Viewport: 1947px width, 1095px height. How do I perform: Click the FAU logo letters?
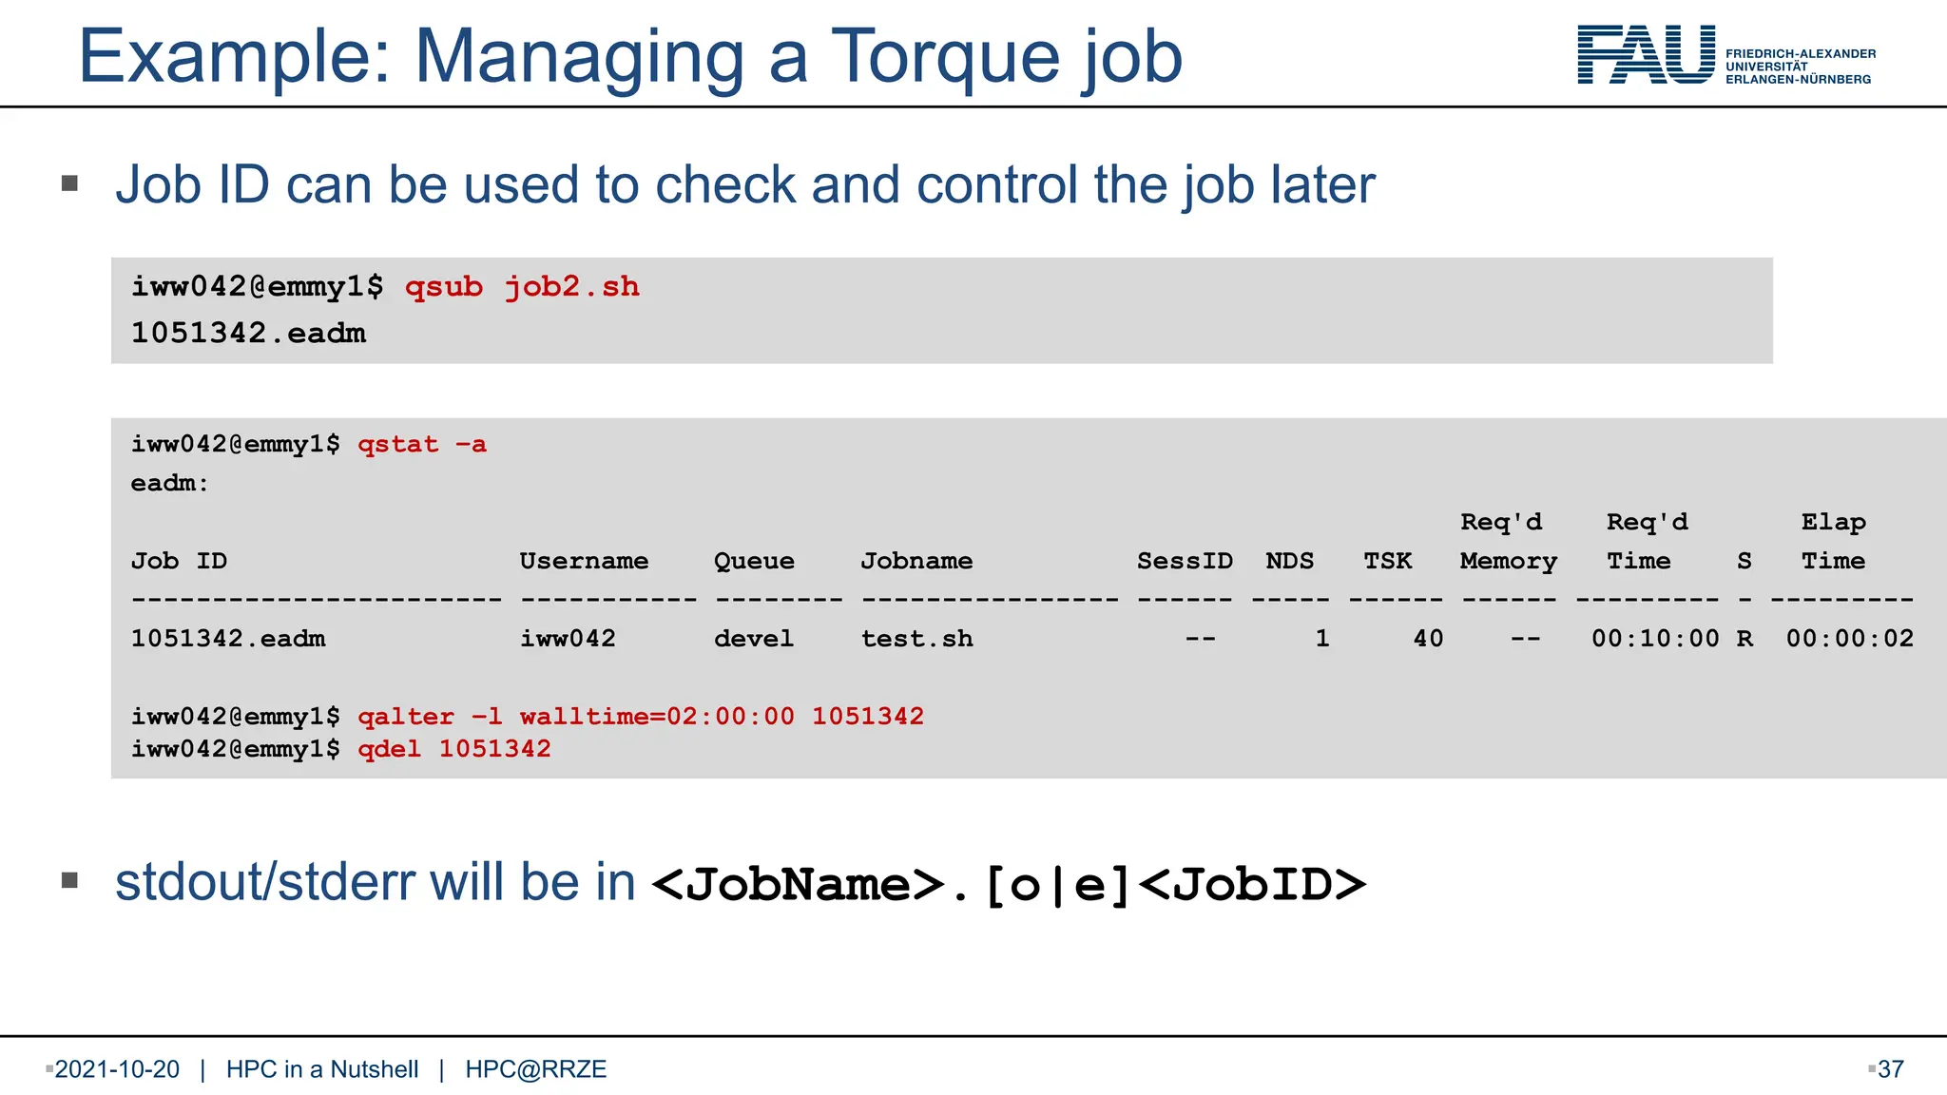coord(1646,55)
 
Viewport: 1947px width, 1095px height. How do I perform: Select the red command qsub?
coord(444,286)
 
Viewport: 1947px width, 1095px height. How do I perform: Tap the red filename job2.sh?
coord(571,286)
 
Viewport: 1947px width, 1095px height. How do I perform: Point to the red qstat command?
coord(398,444)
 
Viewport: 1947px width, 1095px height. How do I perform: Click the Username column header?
coord(584,561)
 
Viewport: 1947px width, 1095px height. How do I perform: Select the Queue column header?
coord(754,561)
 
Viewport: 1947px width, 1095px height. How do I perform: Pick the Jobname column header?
coord(916,561)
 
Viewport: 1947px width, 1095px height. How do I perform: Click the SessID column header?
coord(1185,561)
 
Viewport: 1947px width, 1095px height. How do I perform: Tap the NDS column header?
coord(1289,561)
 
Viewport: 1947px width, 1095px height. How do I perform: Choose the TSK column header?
coord(1388,561)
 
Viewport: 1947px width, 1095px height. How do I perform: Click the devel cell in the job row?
coord(754,638)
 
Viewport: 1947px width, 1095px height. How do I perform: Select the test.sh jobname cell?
coord(916,638)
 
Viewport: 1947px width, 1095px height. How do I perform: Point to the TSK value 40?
coord(1428,638)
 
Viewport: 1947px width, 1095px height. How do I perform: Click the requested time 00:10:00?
coord(1655,638)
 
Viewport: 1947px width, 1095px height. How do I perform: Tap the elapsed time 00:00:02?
coord(1849,638)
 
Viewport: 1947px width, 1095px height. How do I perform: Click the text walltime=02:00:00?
coord(657,716)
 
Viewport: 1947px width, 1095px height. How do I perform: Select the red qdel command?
coord(389,749)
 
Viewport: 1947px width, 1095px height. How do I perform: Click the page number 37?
coord(1891,1069)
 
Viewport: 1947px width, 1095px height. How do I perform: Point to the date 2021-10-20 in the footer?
coord(117,1069)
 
